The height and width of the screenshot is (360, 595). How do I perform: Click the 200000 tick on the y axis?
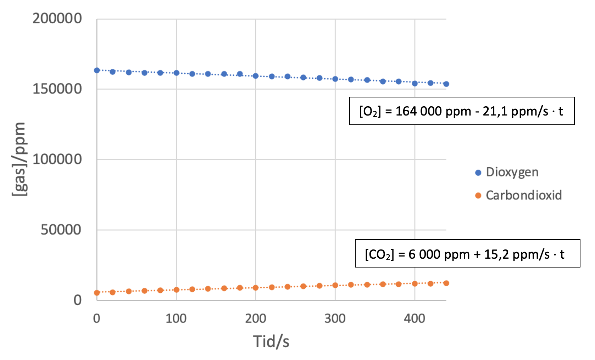tap(57, 18)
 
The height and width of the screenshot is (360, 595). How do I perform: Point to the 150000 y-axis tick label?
tap(57, 89)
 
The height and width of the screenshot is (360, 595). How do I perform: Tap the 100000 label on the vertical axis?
tap(57, 159)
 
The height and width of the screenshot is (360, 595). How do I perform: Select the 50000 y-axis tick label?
tap(61, 230)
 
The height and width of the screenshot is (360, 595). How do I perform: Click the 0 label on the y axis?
tap(78, 300)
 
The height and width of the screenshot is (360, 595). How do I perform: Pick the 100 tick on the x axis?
tap(176, 319)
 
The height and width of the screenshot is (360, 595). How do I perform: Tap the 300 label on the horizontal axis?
tap(335, 319)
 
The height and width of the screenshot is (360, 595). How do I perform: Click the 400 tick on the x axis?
tap(415, 319)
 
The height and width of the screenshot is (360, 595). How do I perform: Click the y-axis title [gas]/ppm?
tap(19, 159)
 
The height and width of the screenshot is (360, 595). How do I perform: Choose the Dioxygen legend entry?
tap(512, 172)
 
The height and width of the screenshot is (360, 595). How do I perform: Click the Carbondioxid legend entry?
tap(523, 195)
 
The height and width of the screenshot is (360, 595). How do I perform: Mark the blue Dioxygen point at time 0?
tap(97, 71)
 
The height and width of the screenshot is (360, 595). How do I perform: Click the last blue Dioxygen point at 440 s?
tap(446, 84)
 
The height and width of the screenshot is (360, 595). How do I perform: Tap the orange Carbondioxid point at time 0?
tap(97, 293)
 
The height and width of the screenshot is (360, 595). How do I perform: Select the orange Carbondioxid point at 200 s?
tap(256, 288)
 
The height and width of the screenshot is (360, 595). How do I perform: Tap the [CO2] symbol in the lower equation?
tap(379, 254)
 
